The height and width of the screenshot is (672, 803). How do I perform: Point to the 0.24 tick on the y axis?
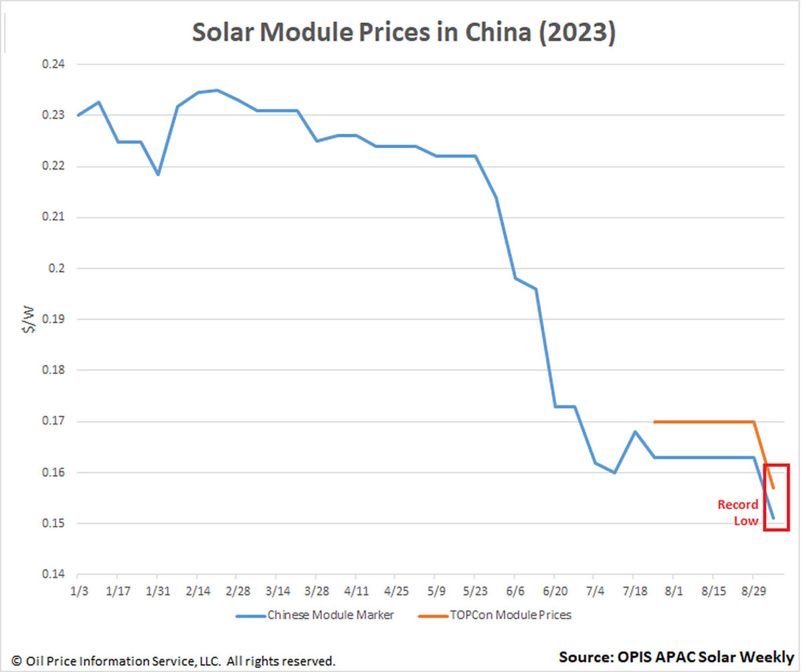52,65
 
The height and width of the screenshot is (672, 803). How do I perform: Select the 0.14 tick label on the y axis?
52,575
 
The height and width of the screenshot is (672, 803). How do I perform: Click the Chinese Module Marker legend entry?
315,614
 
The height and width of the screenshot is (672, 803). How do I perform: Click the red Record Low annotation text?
739,513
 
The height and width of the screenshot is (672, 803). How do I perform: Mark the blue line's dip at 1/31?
158,174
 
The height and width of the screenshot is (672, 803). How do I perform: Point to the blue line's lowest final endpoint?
774,518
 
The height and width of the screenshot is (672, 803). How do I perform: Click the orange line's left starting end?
654,422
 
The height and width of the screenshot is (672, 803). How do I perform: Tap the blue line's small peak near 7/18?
634,431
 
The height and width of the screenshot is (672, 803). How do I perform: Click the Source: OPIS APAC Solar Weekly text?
676,657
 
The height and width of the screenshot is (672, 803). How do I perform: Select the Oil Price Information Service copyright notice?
173,661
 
